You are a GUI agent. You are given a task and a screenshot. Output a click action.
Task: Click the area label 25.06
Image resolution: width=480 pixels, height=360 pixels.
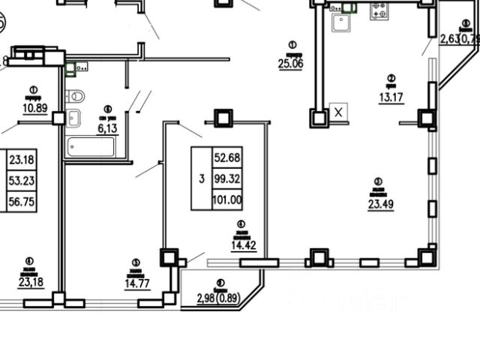click(x=290, y=64)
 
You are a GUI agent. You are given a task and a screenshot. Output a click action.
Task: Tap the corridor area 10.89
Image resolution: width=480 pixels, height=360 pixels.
click(x=33, y=107)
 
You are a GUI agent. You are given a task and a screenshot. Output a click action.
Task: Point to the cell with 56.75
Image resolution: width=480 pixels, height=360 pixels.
click(x=22, y=201)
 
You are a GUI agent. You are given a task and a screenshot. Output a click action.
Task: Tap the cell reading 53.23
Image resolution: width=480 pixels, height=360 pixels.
click(x=22, y=180)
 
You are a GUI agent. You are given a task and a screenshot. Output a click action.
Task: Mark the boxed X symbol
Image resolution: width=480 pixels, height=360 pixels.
click(x=339, y=112)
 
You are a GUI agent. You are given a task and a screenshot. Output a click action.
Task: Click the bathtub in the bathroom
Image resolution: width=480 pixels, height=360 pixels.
click(x=91, y=146)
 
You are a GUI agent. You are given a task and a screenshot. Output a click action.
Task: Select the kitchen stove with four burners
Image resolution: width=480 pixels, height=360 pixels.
click(x=378, y=10)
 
